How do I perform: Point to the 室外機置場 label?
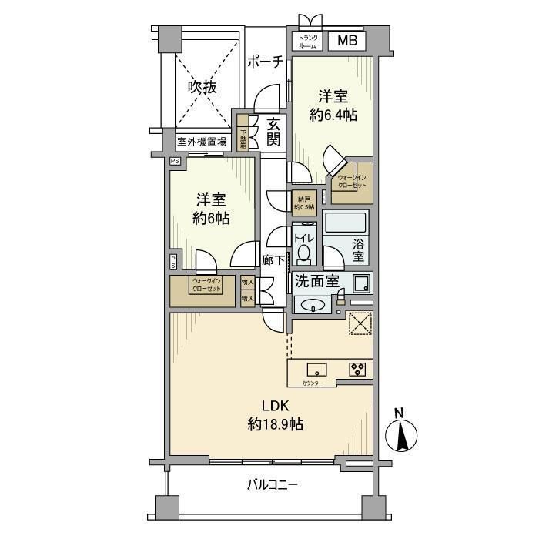(202, 141)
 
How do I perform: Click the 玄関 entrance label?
(273, 133)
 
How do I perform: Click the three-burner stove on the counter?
(358, 369)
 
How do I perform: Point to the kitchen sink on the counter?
(316, 369)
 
